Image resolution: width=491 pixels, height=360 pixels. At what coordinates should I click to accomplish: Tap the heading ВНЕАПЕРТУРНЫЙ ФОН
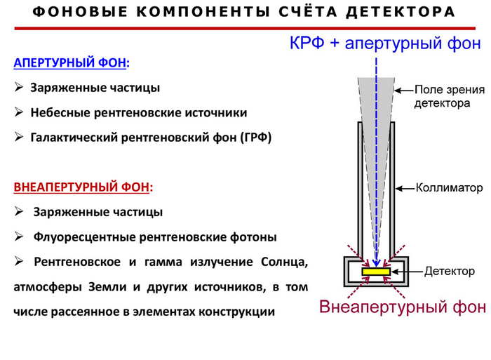pyautogui.click(x=83, y=187)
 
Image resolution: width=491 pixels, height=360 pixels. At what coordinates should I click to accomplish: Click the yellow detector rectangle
pyautogui.click(x=377, y=271)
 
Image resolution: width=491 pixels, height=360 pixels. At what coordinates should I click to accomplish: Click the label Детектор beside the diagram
pyautogui.click(x=450, y=271)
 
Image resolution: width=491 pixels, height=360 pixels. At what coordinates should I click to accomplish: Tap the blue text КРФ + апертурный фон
pyautogui.click(x=385, y=43)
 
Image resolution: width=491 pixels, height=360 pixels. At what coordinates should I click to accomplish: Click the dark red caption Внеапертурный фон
pyautogui.click(x=401, y=307)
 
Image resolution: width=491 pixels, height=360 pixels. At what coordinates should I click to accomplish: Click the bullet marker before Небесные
pyautogui.click(x=19, y=112)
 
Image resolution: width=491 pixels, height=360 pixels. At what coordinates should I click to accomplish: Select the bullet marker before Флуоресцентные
pyautogui.click(x=19, y=236)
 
